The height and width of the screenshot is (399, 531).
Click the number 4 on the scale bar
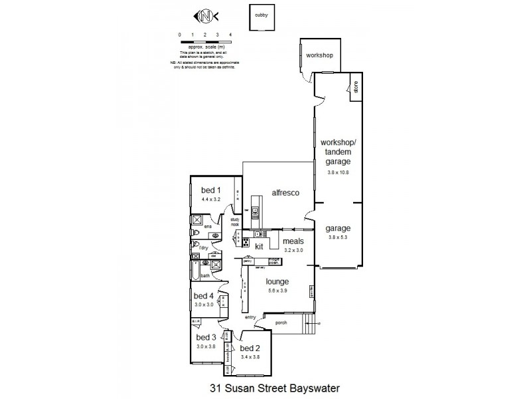(230, 34)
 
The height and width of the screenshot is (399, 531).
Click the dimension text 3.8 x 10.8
(338, 172)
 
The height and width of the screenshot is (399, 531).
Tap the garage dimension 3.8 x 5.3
(338, 237)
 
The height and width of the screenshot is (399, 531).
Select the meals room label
(293, 241)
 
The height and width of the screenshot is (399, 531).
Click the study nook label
(234, 222)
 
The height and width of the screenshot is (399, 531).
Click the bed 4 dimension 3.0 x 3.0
(203, 304)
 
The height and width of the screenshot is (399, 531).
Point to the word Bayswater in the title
(307, 386)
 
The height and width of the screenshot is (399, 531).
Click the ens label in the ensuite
(207, 227)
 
